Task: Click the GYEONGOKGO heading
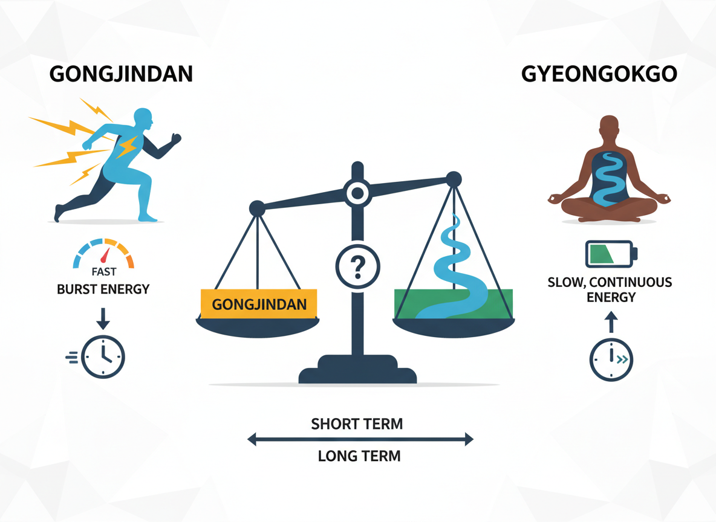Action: pos(598,74)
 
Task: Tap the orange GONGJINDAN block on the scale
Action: pos(259,303)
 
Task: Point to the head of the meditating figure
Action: pos(608,128)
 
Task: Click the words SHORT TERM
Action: pos(357,424)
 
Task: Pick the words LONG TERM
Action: pos(359,456)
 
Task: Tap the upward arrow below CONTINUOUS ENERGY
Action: pos(611,323)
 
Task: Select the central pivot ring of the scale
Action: pos(357,193)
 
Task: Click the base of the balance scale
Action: pos(357,372)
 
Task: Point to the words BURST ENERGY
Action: pos(103,289)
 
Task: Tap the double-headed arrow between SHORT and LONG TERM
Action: pos(359,440)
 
